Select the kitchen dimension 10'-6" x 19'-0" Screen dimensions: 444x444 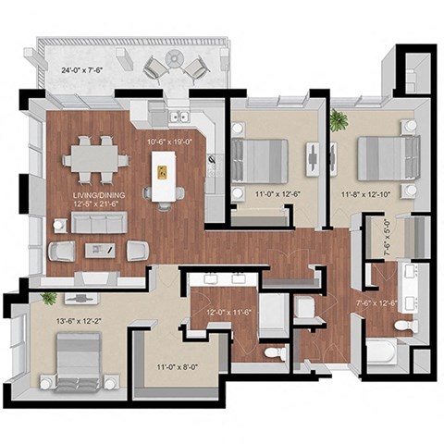point(168,142)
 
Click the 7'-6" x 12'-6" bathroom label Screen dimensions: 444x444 point(378,302)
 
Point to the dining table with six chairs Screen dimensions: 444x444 point(95,160)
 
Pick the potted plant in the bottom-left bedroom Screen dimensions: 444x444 point(48,298)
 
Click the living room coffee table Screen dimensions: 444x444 point(98,250)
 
